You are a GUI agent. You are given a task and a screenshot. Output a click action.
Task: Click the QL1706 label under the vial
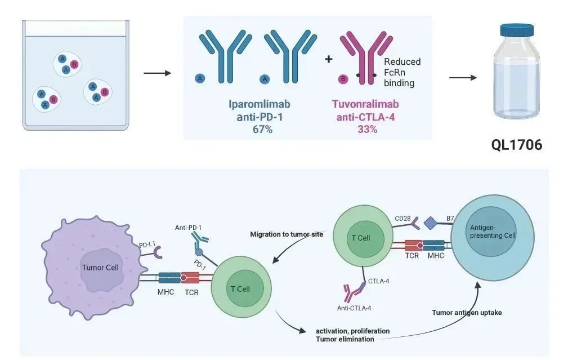517,145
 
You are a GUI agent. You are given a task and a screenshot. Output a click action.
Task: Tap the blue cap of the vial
517,30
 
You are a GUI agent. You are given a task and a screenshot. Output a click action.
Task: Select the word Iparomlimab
260,104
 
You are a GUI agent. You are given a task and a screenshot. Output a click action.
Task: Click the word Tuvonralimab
365,104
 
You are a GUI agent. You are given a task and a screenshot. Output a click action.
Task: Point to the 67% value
263,129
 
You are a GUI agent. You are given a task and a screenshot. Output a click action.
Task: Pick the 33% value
368,129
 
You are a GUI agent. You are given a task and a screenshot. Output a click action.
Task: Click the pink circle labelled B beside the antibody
343,79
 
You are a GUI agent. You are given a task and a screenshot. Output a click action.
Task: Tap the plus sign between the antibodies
329,59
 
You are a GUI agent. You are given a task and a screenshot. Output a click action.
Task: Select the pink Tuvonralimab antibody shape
366,57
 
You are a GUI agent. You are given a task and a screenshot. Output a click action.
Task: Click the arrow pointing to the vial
463,78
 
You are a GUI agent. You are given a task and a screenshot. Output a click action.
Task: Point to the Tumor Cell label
100,268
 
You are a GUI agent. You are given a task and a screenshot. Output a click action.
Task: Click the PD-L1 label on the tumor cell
147,245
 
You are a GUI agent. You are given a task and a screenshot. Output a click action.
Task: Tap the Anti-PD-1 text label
188,228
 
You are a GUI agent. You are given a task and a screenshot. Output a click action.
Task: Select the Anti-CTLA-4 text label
354,308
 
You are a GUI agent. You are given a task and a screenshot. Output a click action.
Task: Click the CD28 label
402,219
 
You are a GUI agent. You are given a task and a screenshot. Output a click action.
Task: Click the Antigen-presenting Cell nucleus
491,232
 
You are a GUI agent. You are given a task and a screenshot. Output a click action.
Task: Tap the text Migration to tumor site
287,234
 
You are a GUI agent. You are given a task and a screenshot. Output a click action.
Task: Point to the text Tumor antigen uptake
467,313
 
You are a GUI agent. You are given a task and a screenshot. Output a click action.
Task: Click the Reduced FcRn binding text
402,72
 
